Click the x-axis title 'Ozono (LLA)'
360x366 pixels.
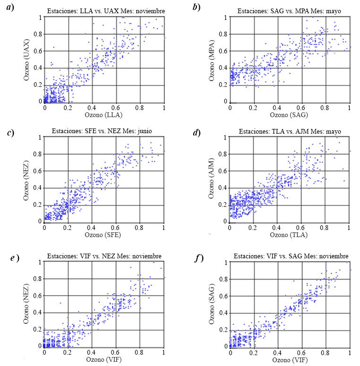pyautogui.click(x=104, y=115)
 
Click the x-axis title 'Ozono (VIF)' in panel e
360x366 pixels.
pyautogui.click(x=104, y=359)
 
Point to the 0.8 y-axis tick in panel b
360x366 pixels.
pyautogui.click(x=225, y=34)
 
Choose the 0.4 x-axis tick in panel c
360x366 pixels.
pyautogui.click(x=92, y=228)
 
